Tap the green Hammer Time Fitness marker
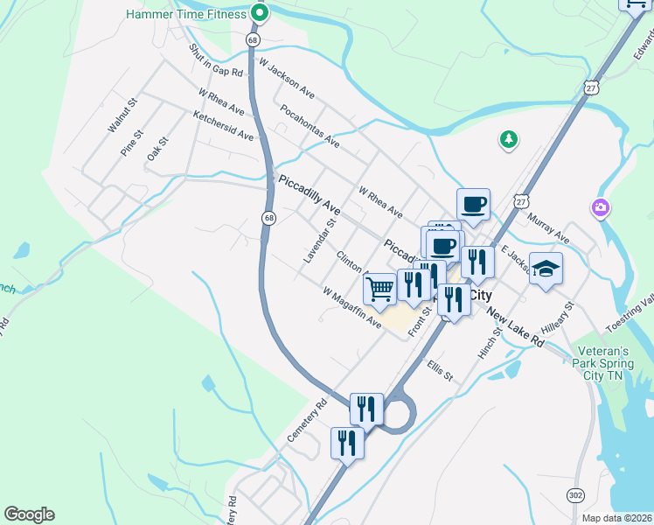(x=259, y=13)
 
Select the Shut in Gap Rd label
(x=215, y=60)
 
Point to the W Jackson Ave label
(x=287, y=79)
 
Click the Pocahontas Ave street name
(x=310, y=124)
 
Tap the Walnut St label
(x=122, y=115)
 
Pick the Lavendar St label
(x=319, y=242)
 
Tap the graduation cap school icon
(x=546, y=269)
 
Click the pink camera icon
(x=601, y=207)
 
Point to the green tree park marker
(x=508, y=138)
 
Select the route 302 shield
(x=575, y=495)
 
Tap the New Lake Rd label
(x=516, y=328)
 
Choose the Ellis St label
(x=440, y=370)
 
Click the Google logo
(x=29, y=514)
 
